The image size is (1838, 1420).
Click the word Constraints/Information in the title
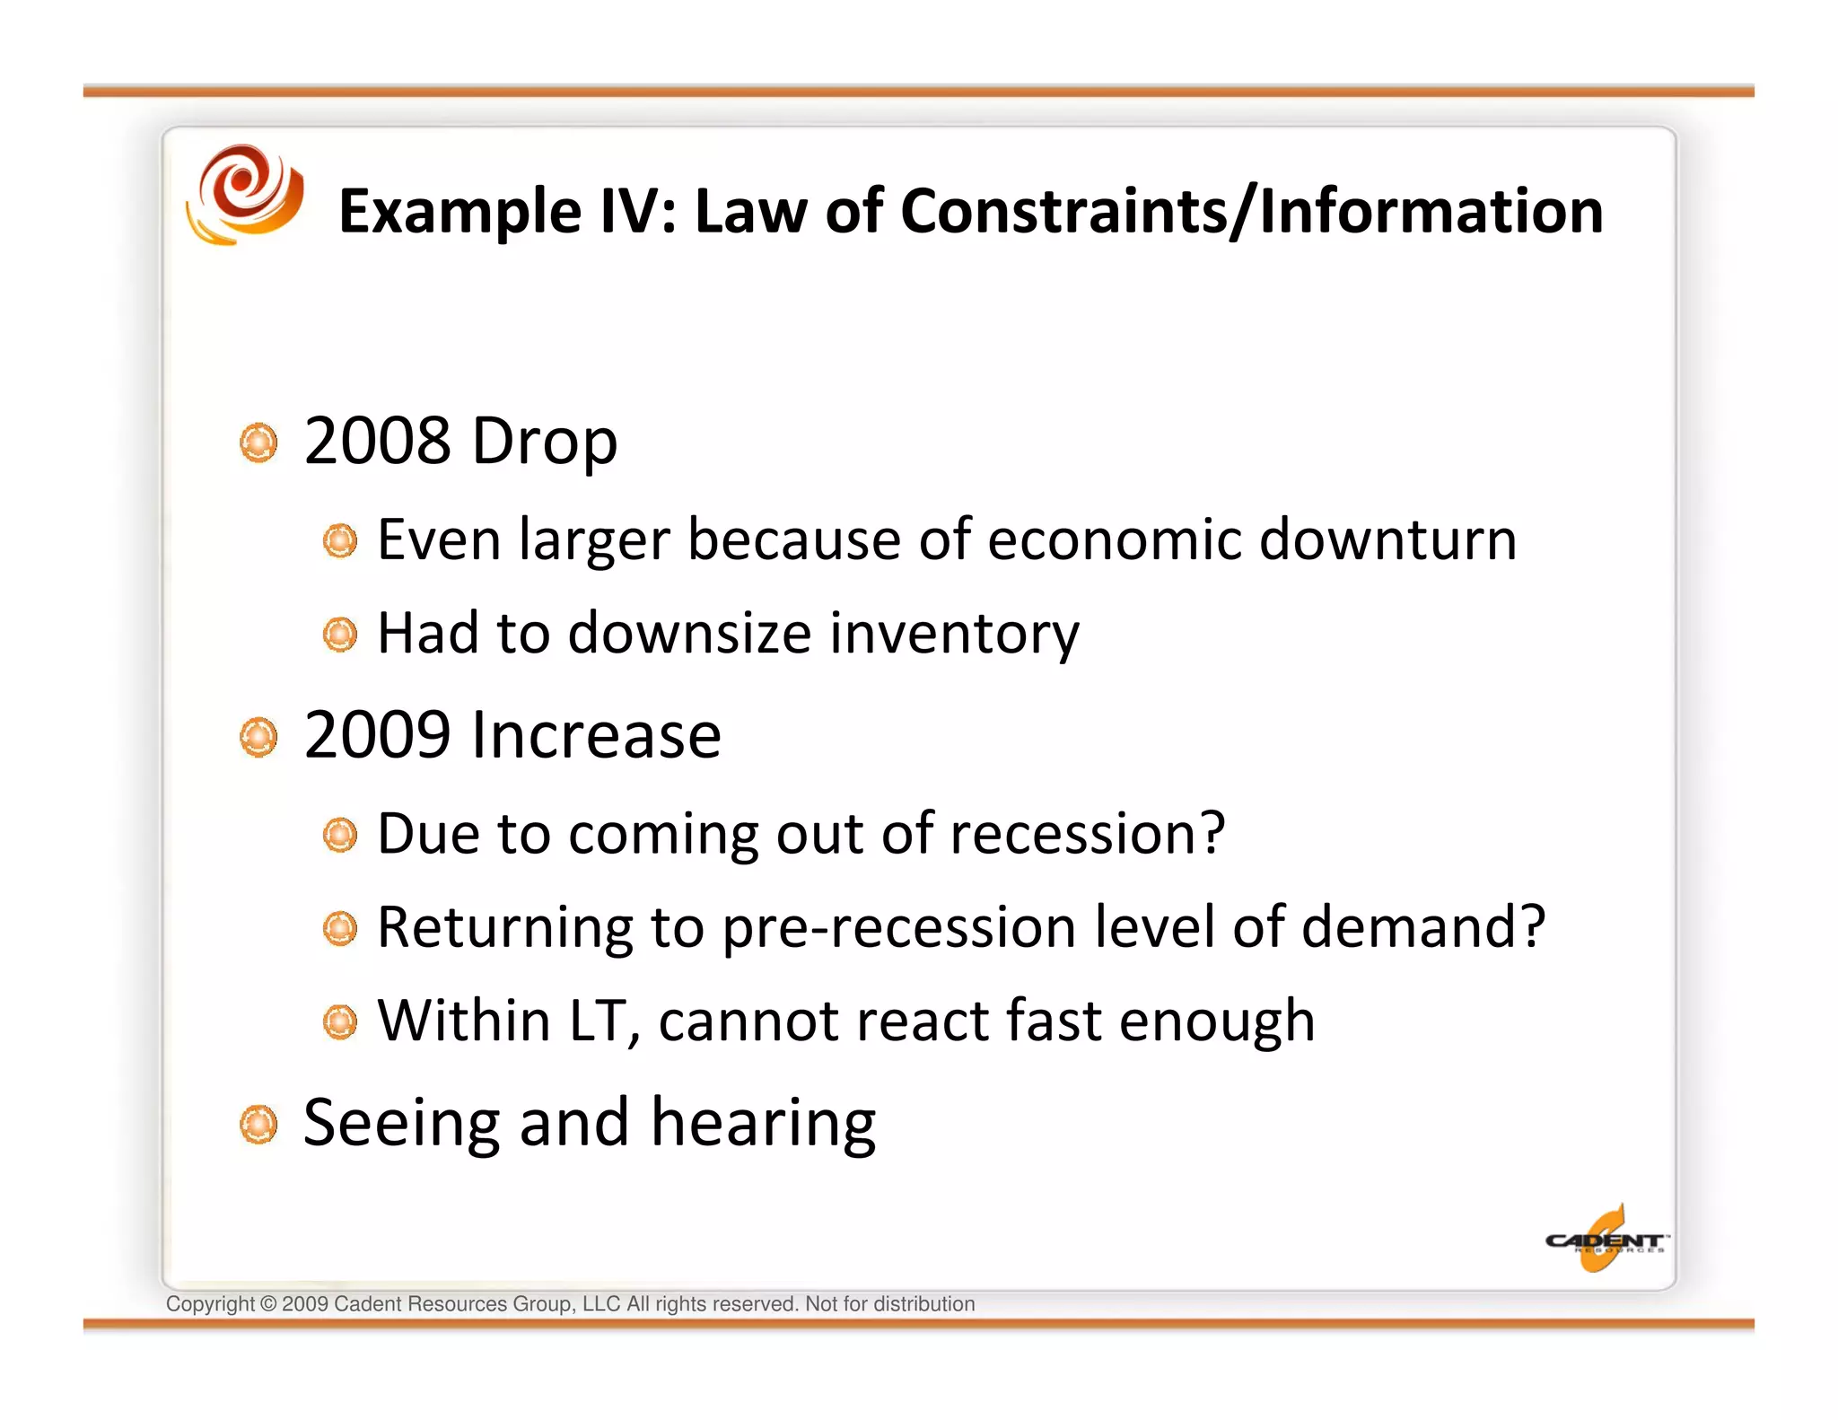[1251, 212]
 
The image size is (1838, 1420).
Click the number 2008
[377, 442]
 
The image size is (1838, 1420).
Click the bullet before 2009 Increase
[259, 737]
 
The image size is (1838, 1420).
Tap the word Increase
[596, 735]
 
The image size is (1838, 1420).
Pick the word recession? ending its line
[1087, 834]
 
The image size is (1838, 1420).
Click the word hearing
[763, 1125]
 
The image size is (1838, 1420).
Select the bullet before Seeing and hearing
[259, 1125]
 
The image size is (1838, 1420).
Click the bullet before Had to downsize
[340, 635]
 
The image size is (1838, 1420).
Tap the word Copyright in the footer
[210, 1304]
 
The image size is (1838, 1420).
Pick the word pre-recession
[898, 927]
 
